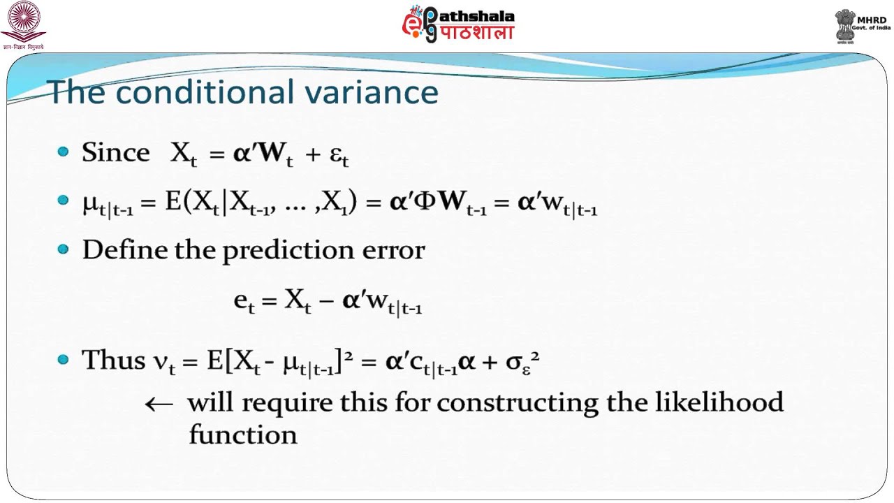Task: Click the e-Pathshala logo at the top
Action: tap(458, 24)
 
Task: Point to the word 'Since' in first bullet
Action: tap(115, 152)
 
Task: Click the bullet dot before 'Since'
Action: tap(64, 152)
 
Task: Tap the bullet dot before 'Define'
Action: tap(64, 249)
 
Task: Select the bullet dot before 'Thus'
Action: tap(64, 360)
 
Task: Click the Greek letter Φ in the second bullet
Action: tap(424, 202)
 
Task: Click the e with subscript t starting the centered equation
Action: tap(244, 302)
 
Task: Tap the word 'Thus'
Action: tap(113, 360)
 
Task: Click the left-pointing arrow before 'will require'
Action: tap(159, 403)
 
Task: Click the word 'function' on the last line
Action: tap(242, 435)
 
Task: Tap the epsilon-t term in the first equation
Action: tap(339, 155)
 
